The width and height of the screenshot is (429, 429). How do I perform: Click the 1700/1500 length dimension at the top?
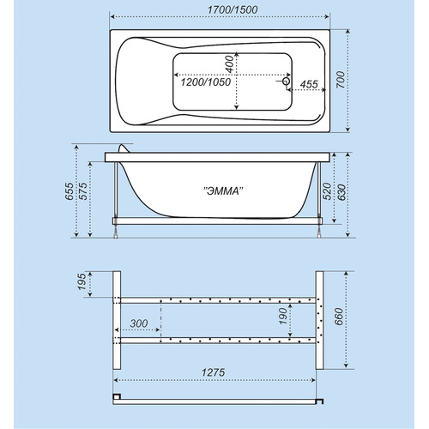pos(233,9)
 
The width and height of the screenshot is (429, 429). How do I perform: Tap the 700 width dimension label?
pos(341,80)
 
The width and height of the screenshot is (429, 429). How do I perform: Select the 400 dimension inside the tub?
pos(229,64)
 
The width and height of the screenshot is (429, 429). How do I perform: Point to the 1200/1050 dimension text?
pos(206,82)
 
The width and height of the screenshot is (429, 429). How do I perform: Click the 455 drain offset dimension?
pos(309,84)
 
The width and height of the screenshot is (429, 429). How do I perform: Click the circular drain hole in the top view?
pos(286,82)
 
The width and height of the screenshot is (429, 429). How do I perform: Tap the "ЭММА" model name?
pos(223,190)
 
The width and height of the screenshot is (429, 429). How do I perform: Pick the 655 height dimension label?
pos(69,191)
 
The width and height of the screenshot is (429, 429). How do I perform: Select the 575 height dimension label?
pos(83,191)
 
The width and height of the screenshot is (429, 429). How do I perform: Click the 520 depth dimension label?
pos(327,191)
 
